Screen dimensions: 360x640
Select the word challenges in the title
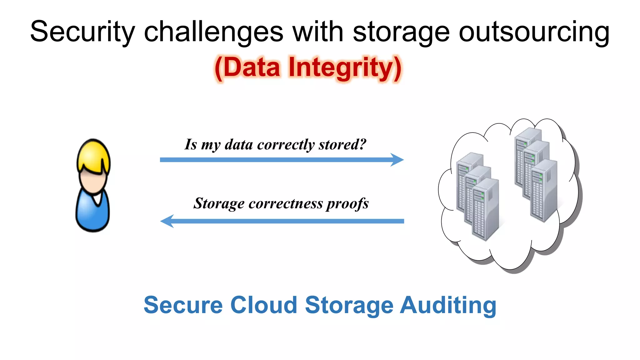point(213,32)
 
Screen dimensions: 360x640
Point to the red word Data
point(252,68)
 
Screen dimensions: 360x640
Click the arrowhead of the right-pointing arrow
point(397,160)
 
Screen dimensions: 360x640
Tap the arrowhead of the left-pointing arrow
point(167,221)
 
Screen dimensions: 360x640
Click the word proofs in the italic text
point(347,203)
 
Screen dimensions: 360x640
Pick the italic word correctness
point(286,203)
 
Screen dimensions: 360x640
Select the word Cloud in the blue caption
point(264,305)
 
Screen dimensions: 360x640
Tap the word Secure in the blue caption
point(183,305)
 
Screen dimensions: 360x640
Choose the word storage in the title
point(401,32)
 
